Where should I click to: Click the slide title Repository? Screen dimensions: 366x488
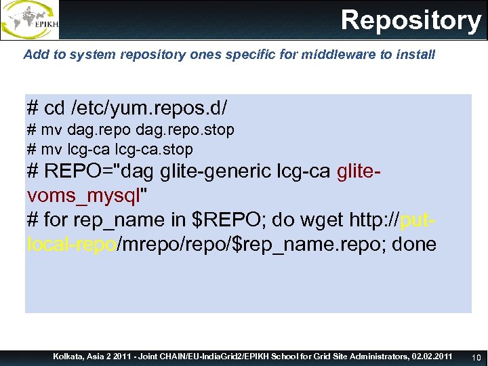411,20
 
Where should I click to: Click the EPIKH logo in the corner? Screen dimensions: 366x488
30,20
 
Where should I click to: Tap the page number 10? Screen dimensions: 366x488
476,357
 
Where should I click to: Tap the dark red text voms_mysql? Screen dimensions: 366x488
82,196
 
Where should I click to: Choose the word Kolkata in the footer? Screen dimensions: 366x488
70,357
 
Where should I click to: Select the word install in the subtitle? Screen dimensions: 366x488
418,55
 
